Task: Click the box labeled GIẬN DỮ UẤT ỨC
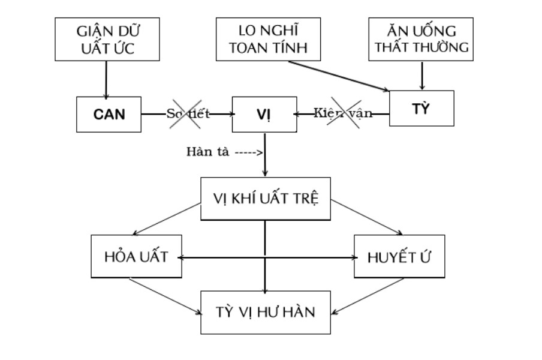pos(107,39)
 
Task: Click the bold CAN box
pos(109,114)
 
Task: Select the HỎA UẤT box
pos(135,257)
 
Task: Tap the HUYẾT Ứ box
pos(399,257)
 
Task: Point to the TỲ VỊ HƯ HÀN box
pos(265,312)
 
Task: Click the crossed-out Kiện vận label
pos(343,113)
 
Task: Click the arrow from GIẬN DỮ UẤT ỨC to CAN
pos(107,79)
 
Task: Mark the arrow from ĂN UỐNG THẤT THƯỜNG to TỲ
pos(423,75)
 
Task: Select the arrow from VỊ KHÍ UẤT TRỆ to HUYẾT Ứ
pos(366,218)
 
